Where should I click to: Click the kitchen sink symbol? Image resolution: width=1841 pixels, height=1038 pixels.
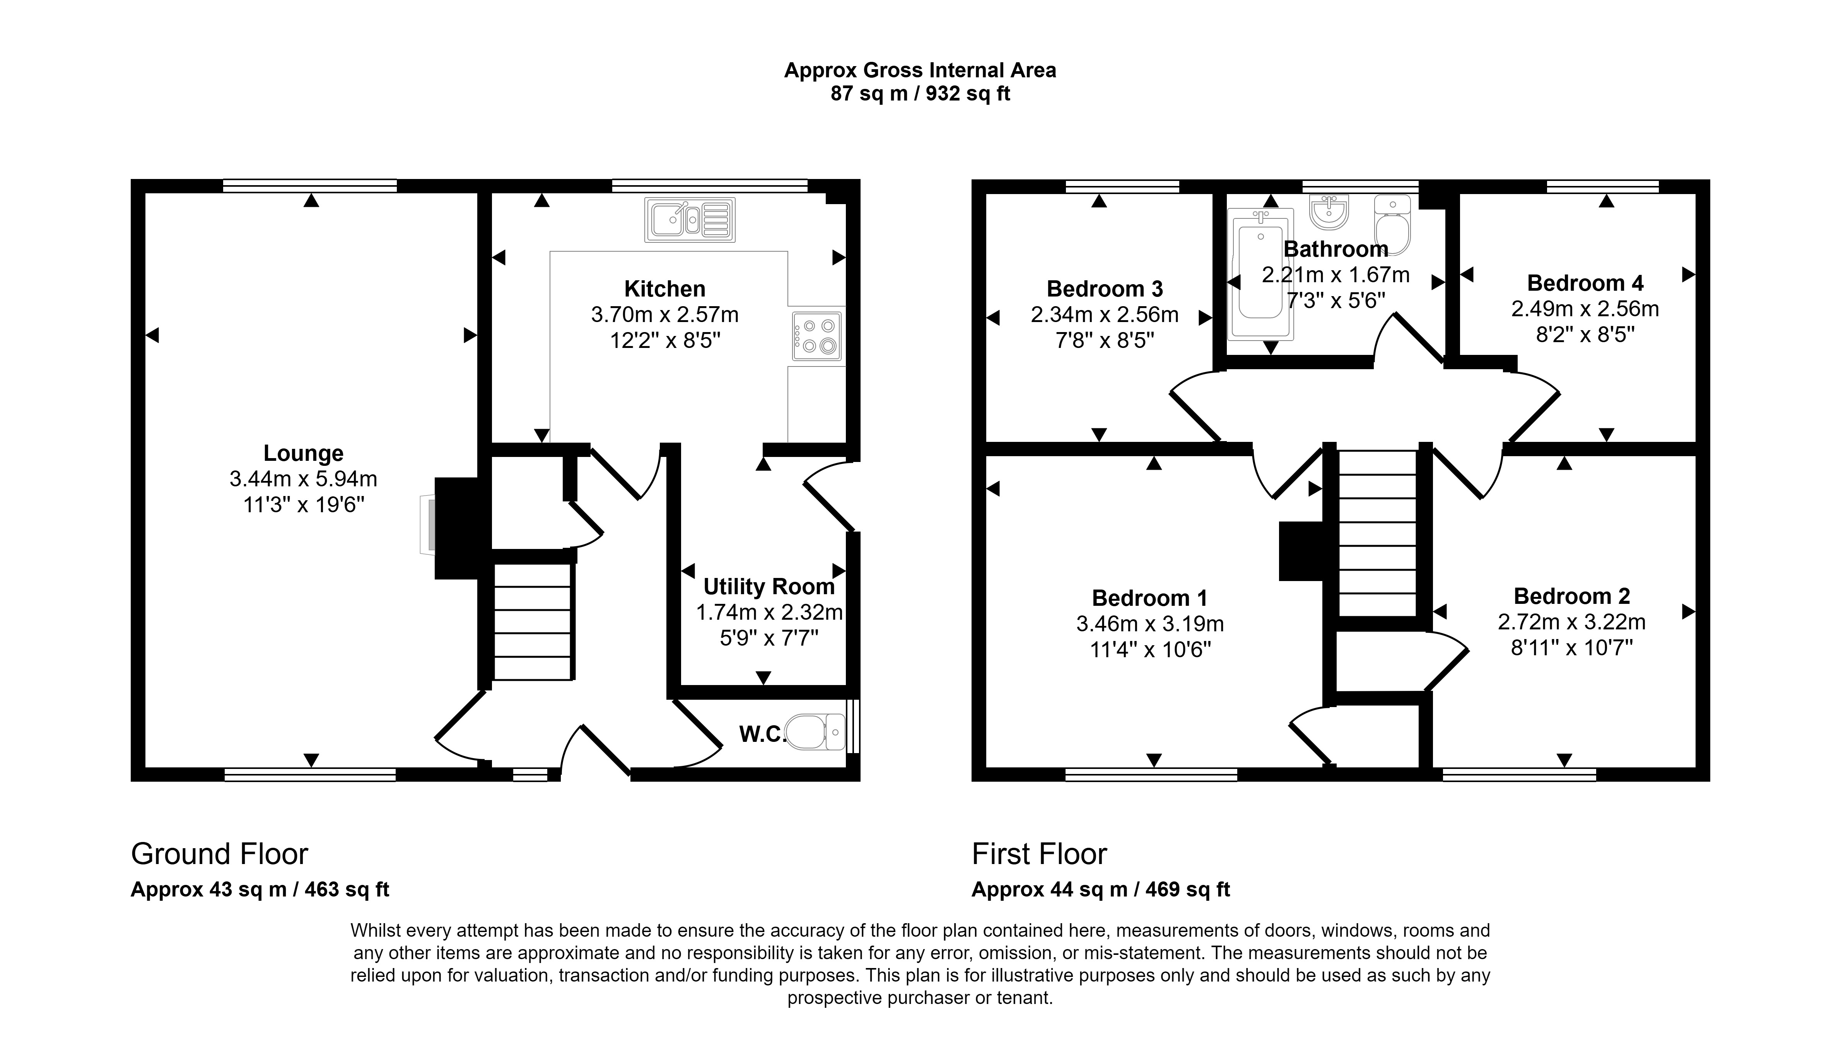[x=690, y=219]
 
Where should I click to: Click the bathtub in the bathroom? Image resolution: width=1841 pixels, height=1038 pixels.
[x=1261, y=274]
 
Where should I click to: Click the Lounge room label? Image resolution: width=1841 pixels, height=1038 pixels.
[x=304, y=453]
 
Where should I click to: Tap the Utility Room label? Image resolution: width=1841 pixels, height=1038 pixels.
[x=769, y=586]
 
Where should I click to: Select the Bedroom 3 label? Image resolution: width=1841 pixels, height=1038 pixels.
[x=1105, y=289]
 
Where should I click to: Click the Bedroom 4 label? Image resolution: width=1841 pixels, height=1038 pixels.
[x=1585, y=283]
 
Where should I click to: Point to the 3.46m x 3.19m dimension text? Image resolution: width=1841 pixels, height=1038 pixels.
[x=1150, y=624]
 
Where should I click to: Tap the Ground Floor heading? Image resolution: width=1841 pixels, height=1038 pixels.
[x=219, y=854]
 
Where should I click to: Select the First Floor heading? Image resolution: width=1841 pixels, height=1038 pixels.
[x=1039, y=854]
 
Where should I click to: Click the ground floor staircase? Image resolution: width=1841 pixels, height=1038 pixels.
[x=533, y=622]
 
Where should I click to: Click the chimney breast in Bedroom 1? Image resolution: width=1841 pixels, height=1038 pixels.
[x=1301, y=551]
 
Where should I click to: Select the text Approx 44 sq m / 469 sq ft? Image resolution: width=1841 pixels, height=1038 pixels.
[x=1101, y=890]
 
